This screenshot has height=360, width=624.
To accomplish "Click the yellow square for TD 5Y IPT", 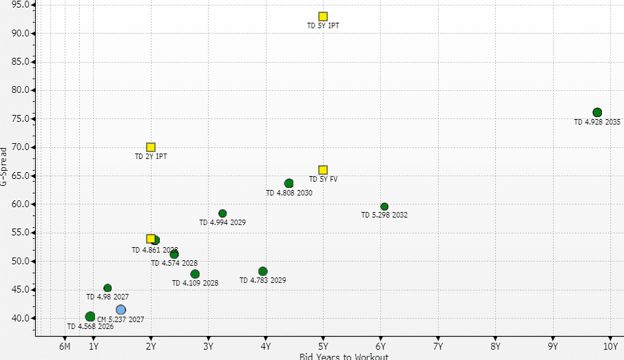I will click(x=323, y=17).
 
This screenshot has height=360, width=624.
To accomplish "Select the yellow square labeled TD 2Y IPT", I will click(x=151, y=147).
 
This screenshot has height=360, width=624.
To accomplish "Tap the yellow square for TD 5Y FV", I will click(x=323, y=170).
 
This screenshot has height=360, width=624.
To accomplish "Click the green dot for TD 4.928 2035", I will click(x=597, y=113).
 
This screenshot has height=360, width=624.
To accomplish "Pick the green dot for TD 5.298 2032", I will click(x=384, y=207).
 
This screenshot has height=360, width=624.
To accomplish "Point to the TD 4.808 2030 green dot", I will click(x=289, y=184).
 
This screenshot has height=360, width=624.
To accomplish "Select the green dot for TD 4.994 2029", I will click(x=222, y=213).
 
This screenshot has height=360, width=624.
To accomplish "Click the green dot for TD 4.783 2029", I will click(x=263, y=271).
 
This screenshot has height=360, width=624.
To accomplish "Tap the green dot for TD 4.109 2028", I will click(x=195, y=274).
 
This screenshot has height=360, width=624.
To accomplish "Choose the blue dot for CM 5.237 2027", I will click(x=121, y=310).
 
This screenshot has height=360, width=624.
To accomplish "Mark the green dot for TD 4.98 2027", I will click(x=107, y=288).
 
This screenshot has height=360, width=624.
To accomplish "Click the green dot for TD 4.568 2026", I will click(x=90, y=317).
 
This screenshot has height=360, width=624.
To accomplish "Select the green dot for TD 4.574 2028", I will click(x=174, y=255).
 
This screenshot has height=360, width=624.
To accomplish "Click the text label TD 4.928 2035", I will click(x=597, y=123).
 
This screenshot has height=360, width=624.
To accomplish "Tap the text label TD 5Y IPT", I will click(x=323, y=26).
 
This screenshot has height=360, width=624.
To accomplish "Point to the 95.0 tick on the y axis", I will click(x=20, y=5).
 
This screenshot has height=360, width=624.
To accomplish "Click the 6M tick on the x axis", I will click(x=65, y=346).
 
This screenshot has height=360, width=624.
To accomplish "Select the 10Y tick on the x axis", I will click(x=610, y=346).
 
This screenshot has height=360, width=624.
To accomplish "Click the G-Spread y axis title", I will click(x=4, y=166).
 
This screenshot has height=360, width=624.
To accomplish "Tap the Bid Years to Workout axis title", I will click(x=344, y=356).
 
